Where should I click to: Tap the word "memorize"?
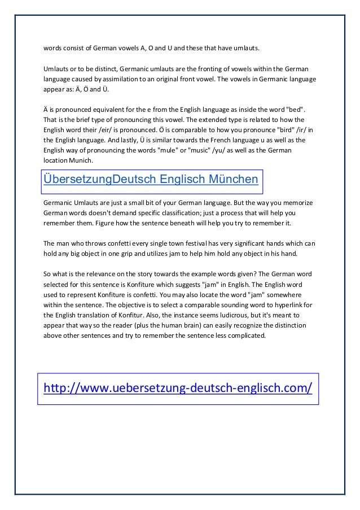click(x=300, y=202)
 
